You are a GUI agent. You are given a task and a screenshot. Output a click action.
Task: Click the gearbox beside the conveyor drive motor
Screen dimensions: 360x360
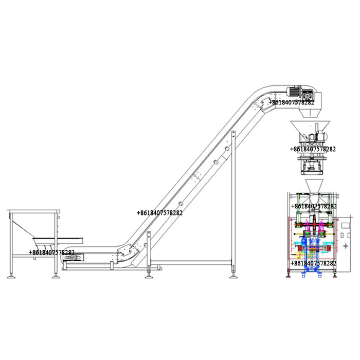tap(307, 95)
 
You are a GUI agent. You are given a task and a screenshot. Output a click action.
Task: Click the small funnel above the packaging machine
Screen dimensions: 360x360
tap(314, 186)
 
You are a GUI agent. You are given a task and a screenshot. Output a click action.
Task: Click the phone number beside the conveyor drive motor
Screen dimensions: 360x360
tap(291, 102)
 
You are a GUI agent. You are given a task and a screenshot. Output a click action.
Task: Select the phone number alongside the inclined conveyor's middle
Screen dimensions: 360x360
tap(159, 213)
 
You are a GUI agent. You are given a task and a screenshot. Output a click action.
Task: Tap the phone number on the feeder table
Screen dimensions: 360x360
tap(51, 253)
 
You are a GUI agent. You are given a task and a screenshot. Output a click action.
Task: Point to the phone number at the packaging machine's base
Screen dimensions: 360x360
tap(313, 263)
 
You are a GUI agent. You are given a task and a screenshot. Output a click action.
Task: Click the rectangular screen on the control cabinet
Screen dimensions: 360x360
tap(346, 225)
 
